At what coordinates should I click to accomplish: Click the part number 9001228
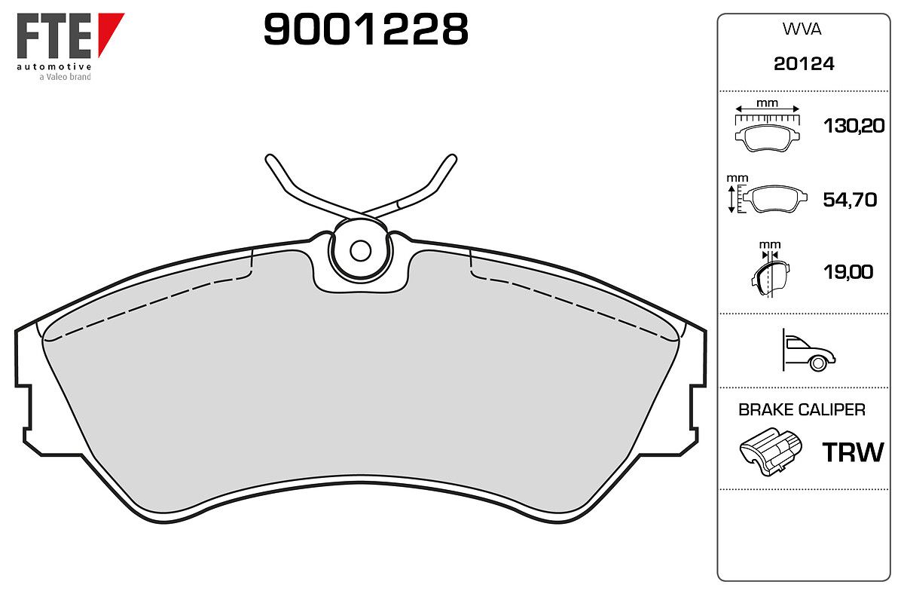tap(365, 29)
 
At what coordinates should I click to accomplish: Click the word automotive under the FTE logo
tap(53, 66)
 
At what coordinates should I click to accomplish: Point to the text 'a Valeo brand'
tap(65, 77)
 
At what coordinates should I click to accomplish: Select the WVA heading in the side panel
tap(802, 29)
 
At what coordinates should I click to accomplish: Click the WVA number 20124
tap(804, 64)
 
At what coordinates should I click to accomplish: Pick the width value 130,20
tap(854, 126)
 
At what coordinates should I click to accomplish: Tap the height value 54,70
tap(850, 200)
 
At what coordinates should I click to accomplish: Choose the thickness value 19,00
tap(848, 272)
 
